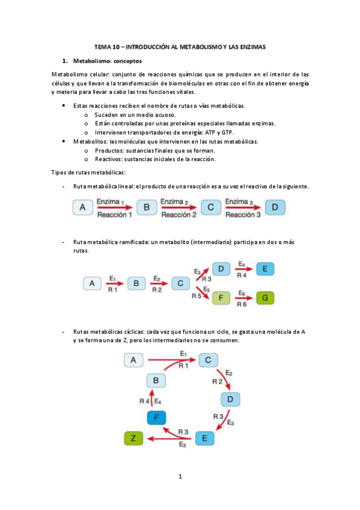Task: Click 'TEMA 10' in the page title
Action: (x=108, y=46)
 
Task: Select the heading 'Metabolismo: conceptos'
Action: (x=108, y=61)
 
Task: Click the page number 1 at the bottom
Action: (x=180, y=478)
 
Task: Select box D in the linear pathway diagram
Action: (x=275, y=207)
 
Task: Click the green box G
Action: (x=265, y=297)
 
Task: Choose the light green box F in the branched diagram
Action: (x=221, y=297)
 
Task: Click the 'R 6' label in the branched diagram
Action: (x=242, y=305)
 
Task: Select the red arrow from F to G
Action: (x=243, y=297)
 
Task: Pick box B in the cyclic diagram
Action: (x=156, y=380)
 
